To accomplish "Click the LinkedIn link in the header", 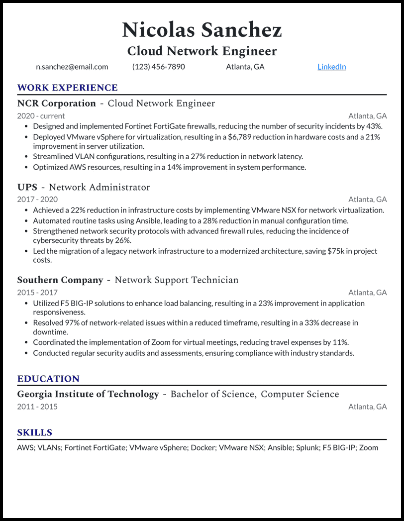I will [x=331, y=67].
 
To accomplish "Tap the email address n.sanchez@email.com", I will [x=72, y=67].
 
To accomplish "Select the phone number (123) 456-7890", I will [x=158, y=67].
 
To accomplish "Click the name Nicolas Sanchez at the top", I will [x=202, y=30].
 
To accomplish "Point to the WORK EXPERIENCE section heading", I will [x=67, y=88].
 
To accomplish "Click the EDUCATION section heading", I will [x=48, y=379].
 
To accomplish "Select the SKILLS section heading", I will [x=35, y=432].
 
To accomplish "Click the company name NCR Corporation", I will [x=56, y=104].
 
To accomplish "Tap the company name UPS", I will [x=27, y=187].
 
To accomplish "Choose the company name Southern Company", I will [x=60, y=280].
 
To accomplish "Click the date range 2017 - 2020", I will [x=37, y=200].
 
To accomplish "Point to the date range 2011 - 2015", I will [x=37, y=407].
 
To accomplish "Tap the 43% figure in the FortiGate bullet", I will [x=373, y=126].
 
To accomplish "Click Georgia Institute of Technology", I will [x=88, y=394].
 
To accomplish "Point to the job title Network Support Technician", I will [x=177, y=280].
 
